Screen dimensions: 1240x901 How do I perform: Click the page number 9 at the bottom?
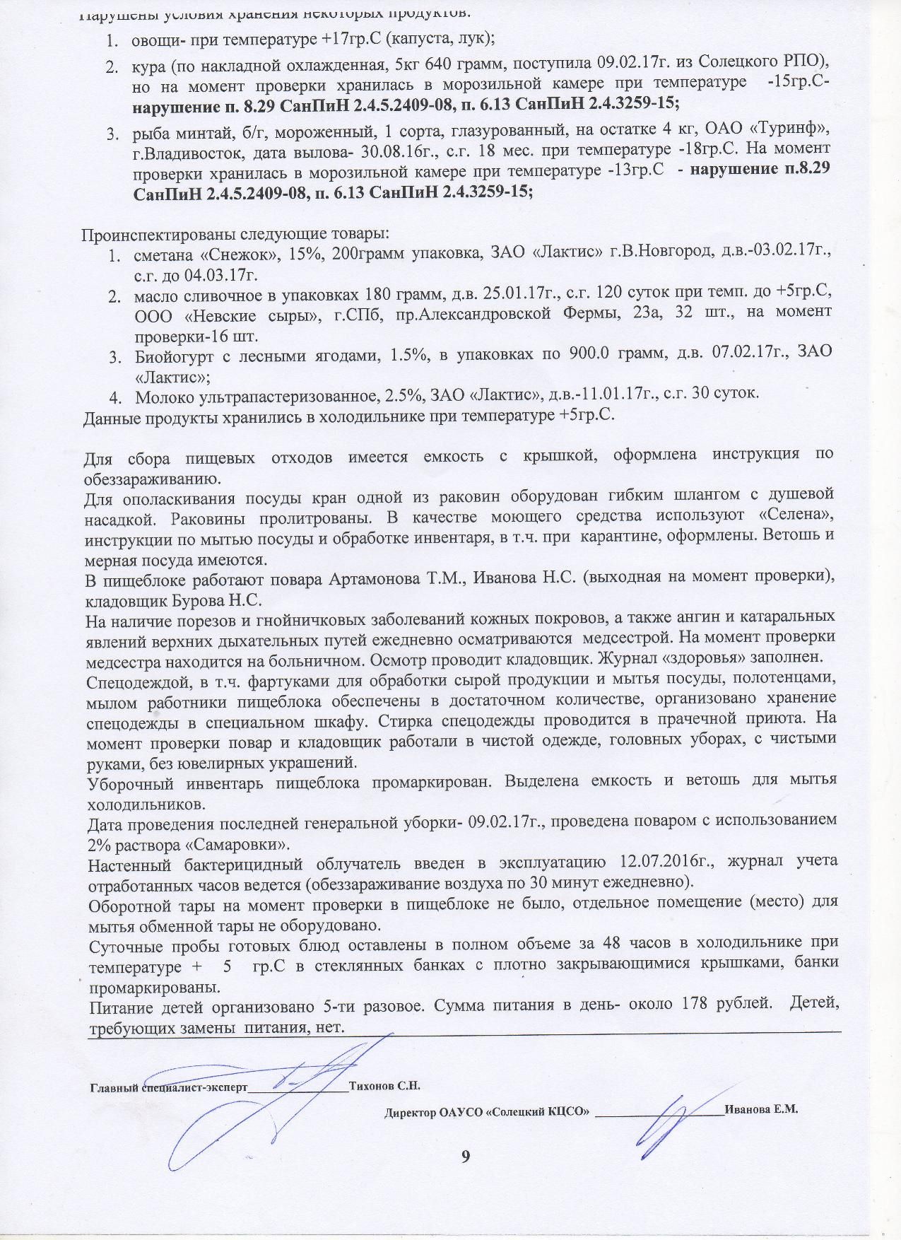(465, 1156)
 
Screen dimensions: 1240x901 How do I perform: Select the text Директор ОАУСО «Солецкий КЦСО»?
(487, 1111)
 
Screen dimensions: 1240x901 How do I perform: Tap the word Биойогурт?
(175, 355)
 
